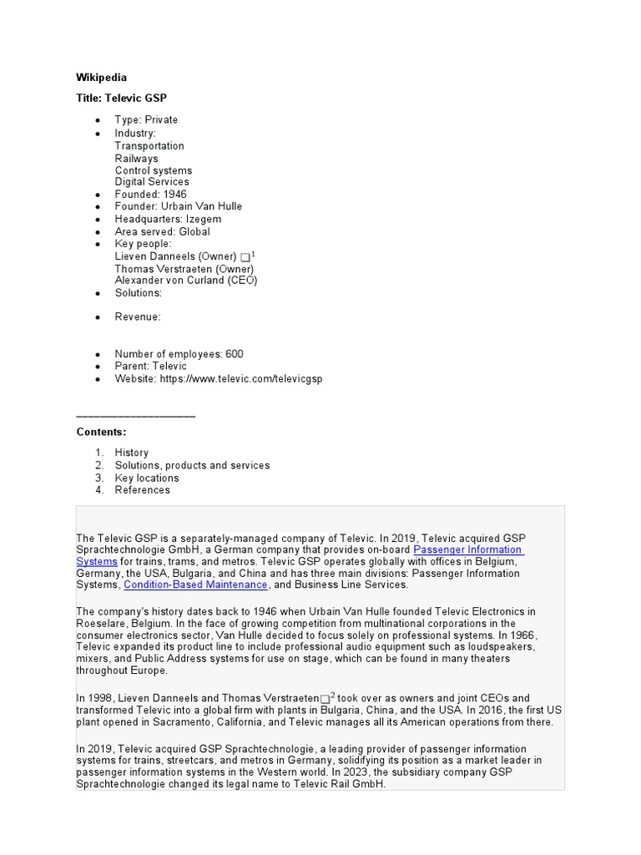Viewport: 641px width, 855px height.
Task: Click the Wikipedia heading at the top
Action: click(102, 78)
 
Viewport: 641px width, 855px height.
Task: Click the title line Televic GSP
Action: click(122, 98)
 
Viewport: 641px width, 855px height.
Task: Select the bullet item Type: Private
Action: click(146, 119)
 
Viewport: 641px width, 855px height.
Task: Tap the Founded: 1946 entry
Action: click(150, 194)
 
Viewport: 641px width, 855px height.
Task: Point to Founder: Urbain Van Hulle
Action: click(178, 206)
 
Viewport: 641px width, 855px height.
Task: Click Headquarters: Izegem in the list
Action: click(168, 219)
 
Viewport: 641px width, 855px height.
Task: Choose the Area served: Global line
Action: click(162, 231)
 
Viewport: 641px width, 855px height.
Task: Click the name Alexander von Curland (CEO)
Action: click(185, 281)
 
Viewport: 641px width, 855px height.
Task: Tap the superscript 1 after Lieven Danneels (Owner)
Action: click(254, 254)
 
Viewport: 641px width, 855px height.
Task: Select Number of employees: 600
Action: click(179, 354)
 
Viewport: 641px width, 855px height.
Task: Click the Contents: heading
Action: click(102, 432)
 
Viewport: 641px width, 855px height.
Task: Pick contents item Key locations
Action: click(147, 478)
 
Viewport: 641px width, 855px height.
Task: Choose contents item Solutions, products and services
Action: click(192, 465)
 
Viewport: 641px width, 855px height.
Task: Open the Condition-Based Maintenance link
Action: click(196, 585)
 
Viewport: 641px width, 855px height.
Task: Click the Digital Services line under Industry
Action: click(152, 181)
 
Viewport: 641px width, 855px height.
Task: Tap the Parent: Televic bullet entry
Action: click(150, 366)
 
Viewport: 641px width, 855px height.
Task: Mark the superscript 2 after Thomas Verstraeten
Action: click(333, 695)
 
